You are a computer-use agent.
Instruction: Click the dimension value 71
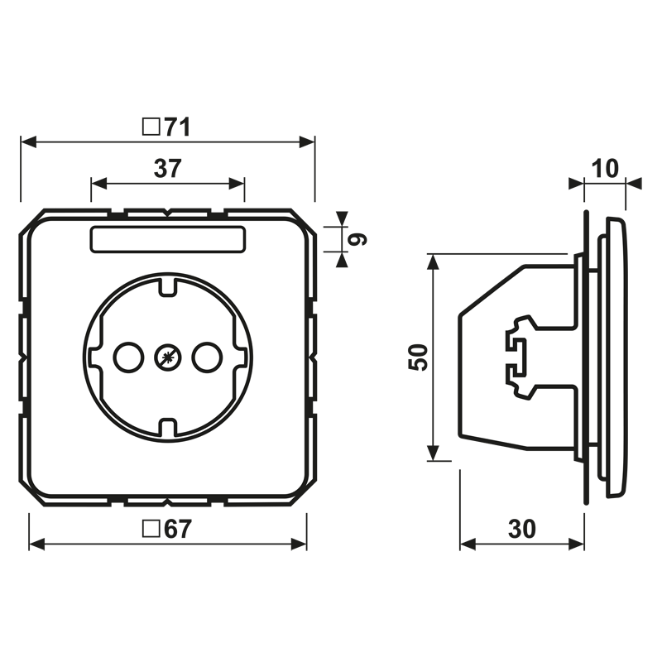178,127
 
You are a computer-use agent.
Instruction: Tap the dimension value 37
168,168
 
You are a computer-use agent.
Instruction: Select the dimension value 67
178,529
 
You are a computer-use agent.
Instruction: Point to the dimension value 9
357,239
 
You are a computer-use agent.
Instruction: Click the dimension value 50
418,357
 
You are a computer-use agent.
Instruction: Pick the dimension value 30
522,529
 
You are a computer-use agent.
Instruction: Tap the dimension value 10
605,168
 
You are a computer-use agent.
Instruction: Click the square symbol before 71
151,127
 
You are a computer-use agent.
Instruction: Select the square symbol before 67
151,529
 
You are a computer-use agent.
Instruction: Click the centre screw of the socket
168,358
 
